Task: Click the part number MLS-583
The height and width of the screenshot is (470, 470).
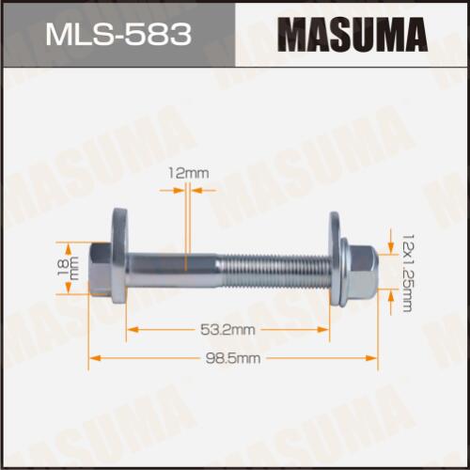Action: click(x=118, y=34)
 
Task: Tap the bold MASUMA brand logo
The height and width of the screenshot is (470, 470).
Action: click(x=352, y=35)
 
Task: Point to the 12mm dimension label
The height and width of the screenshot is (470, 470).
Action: click(x=188, y=173)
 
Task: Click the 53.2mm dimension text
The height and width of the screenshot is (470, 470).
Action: click(x=227, y=330)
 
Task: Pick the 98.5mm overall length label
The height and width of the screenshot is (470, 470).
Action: click(x=233, y=358)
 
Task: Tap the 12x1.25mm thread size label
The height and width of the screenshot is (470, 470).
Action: click(x=407, y=273)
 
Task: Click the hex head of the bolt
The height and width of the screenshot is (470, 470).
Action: click(x=101, y=269)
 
